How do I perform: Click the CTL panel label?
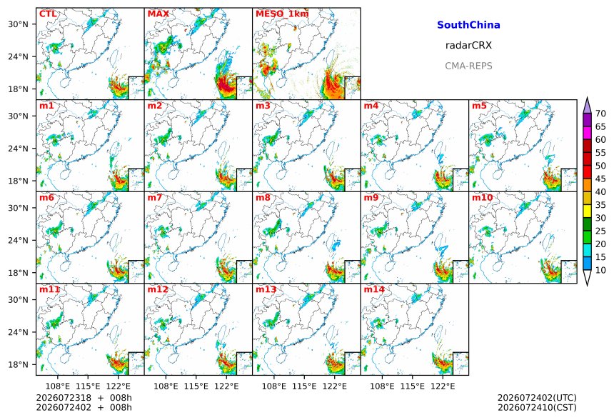(48, 14)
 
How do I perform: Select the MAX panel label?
(158, 14)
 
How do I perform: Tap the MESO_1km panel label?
(282, 14)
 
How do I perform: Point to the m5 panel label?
(479, 106)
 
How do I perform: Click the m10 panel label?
(482, 197)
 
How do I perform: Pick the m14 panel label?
(374, 289)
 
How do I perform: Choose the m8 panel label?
(263, 197)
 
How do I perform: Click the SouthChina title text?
(468, 25)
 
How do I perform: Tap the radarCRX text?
(468, 46)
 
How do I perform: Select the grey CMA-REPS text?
(468, 66)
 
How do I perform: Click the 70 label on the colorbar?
(600, 114)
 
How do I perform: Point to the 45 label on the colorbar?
(600, 179)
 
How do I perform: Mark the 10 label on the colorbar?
(600, 270)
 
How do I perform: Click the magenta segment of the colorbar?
(587, 133)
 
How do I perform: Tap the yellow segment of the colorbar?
(587, 211)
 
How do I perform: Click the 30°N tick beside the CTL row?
(18, 24)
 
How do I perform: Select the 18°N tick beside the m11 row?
(18, 365)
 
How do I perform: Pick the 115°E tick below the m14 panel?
(413, 386)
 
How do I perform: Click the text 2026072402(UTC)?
(537, 398)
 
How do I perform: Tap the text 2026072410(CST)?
(537, 407)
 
